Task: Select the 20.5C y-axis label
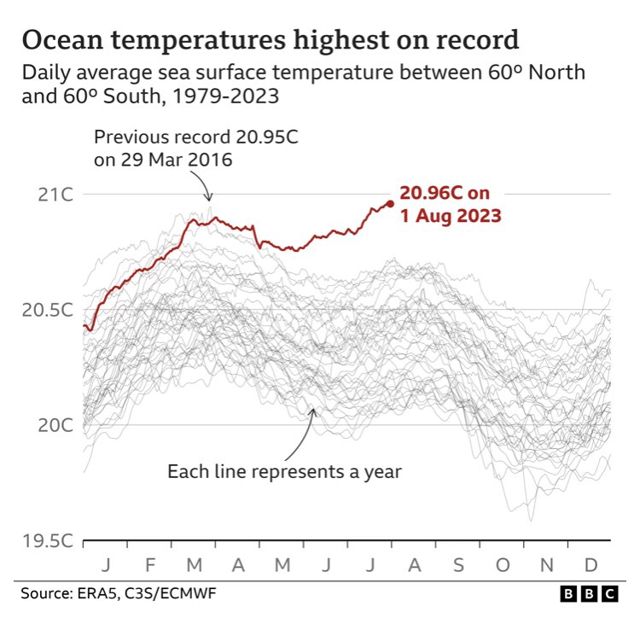pos(49,310)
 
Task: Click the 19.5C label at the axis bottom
pos(49,540)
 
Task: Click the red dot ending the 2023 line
pos(390,203)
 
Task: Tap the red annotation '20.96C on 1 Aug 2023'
pos(450,205)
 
